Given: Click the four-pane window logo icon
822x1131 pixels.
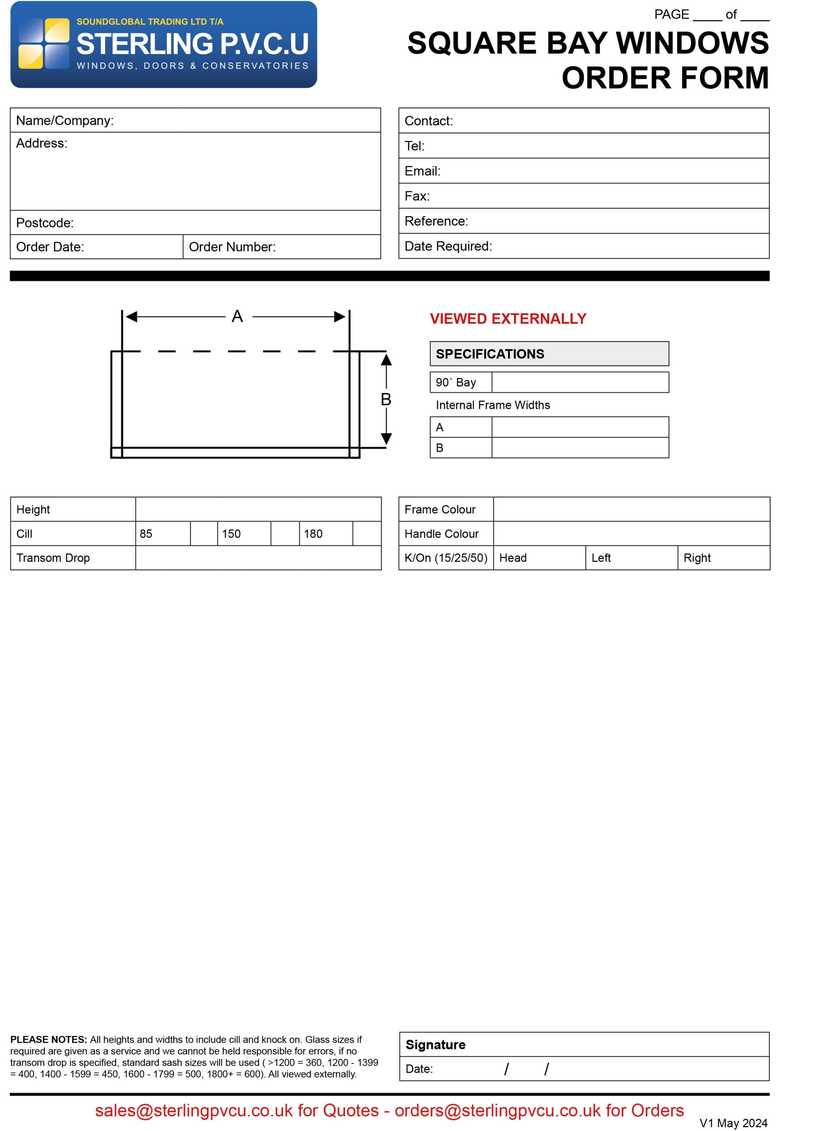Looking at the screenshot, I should (x=43, y=43).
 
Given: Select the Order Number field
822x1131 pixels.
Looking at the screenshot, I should (x=282, y=247).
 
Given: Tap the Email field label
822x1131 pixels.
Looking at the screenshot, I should (x=422, y=171).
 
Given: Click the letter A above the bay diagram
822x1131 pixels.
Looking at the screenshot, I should (x=237, y=316).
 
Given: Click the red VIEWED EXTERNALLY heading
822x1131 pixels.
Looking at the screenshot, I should (x=508, y=319).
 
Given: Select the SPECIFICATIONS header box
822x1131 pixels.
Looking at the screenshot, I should (x=549, y=353).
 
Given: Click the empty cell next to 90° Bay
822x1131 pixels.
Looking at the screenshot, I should (x=580, y=383).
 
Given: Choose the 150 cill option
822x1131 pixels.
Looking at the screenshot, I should (x=231, y=534).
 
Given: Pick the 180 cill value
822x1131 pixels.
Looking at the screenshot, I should (x=313, y=534).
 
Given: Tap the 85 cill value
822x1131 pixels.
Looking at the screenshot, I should (x=146, y=534).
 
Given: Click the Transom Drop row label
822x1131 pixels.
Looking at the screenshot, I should (x=53, y=558).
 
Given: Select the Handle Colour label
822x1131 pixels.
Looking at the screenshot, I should (x=441, y=534).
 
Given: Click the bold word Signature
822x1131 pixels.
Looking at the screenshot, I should (x=435, y=1045).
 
